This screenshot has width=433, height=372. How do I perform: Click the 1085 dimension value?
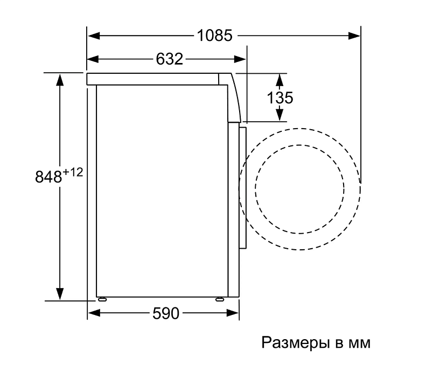coord(214,36)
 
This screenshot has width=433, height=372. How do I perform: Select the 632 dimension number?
coord(169,59)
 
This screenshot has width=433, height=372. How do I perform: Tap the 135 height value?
coord(280,97)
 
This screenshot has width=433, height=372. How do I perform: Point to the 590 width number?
coord(166,313)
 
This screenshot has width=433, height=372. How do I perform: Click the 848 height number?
coord(48,177)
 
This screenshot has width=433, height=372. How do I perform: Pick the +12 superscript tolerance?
coord(73,172)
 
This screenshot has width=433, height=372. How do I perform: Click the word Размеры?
coord(296,343)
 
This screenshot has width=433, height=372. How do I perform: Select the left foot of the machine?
coord(102,299)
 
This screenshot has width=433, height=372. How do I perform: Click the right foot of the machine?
coord(220,299)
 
